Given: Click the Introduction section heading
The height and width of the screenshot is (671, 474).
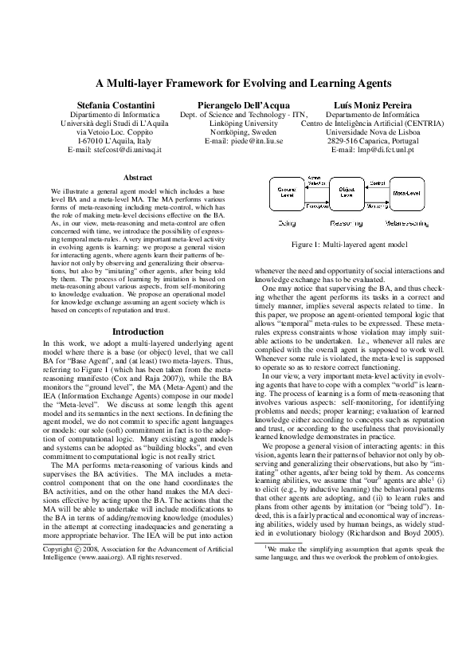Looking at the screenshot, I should tap(138, 331).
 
